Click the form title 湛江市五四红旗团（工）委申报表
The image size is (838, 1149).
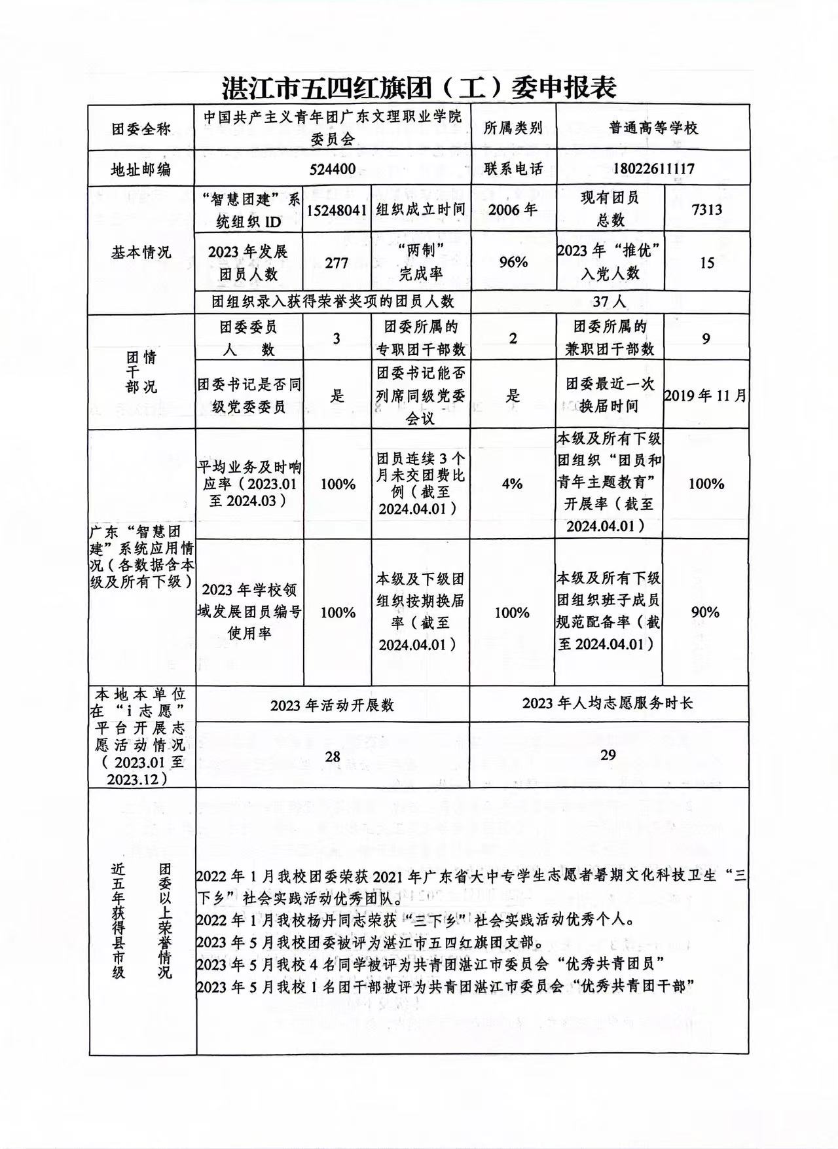click(x=419, y=86)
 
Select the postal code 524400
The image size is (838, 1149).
click(x=333, y=169)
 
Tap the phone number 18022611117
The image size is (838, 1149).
click(x=653, y=169)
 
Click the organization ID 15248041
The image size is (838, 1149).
click(x=337, y=210)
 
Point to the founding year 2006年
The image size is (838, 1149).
click(x=513, y=210)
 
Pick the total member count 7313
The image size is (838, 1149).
click(x=706, y=210)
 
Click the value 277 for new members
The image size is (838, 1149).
click(x=337, y=263)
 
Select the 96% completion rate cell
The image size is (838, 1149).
click(x=513, y=263)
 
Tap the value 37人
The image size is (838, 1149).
click(x=609, y=301)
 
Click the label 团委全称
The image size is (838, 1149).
click(x=141, y=129)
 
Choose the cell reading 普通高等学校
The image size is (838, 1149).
click(x=653, y=128)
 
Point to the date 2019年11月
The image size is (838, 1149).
click(x=705, y=395)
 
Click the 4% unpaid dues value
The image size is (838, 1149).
click(x=512, y=484)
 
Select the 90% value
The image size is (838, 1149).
click(x=705, y=612)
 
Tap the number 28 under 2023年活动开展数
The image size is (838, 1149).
click(x=333, y=757)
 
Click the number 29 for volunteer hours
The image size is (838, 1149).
click(x=608, y=755)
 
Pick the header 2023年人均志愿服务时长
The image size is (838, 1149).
click(x=608, y=703)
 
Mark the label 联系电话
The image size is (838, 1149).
click(x=513, y=169)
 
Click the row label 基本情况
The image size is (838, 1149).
click(x=141, y=252)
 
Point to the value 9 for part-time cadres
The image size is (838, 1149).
click(x=706, y=338)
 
